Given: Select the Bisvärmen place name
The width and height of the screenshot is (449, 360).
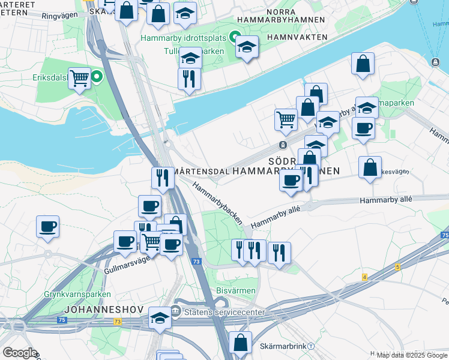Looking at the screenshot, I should pyautogui.click(x=236, y=291).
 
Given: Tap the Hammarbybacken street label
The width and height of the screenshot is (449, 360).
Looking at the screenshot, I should pyautogui.click(x=217, y=203).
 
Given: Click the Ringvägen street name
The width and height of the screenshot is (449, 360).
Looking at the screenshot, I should pyautogui.click(x=61, y=17).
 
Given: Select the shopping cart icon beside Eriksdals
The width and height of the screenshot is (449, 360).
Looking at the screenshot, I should pyautogui.click(x=79, y=77).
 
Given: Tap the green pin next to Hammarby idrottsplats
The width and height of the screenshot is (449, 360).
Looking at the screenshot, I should pyautogui.click(x=235, y=37).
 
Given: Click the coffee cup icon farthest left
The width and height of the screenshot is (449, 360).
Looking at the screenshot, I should pyautogui.click(x=47, y=227).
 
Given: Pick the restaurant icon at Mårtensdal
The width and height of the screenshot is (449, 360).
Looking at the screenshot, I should pyautogui.click(x=162, y=177).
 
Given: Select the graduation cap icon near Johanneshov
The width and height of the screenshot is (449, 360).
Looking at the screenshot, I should pyautogui.click(x=160, y=317).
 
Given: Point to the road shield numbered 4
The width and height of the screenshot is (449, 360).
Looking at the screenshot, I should pyautogui.click(x=364, y=277).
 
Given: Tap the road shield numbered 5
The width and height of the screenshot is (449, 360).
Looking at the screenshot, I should pyautogui.click(x=397, y=266).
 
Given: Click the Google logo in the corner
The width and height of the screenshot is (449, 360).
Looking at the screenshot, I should pyautogui.click(x=20, y=353).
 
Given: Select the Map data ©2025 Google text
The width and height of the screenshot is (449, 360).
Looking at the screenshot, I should pyautogui.click(x=412, y=355).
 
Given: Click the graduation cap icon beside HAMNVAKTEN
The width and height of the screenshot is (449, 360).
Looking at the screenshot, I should pyautogui.click(x=246, y=47).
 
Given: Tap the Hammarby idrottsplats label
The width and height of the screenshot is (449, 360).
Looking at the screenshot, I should pyautogui.click(x=184, y=38).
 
